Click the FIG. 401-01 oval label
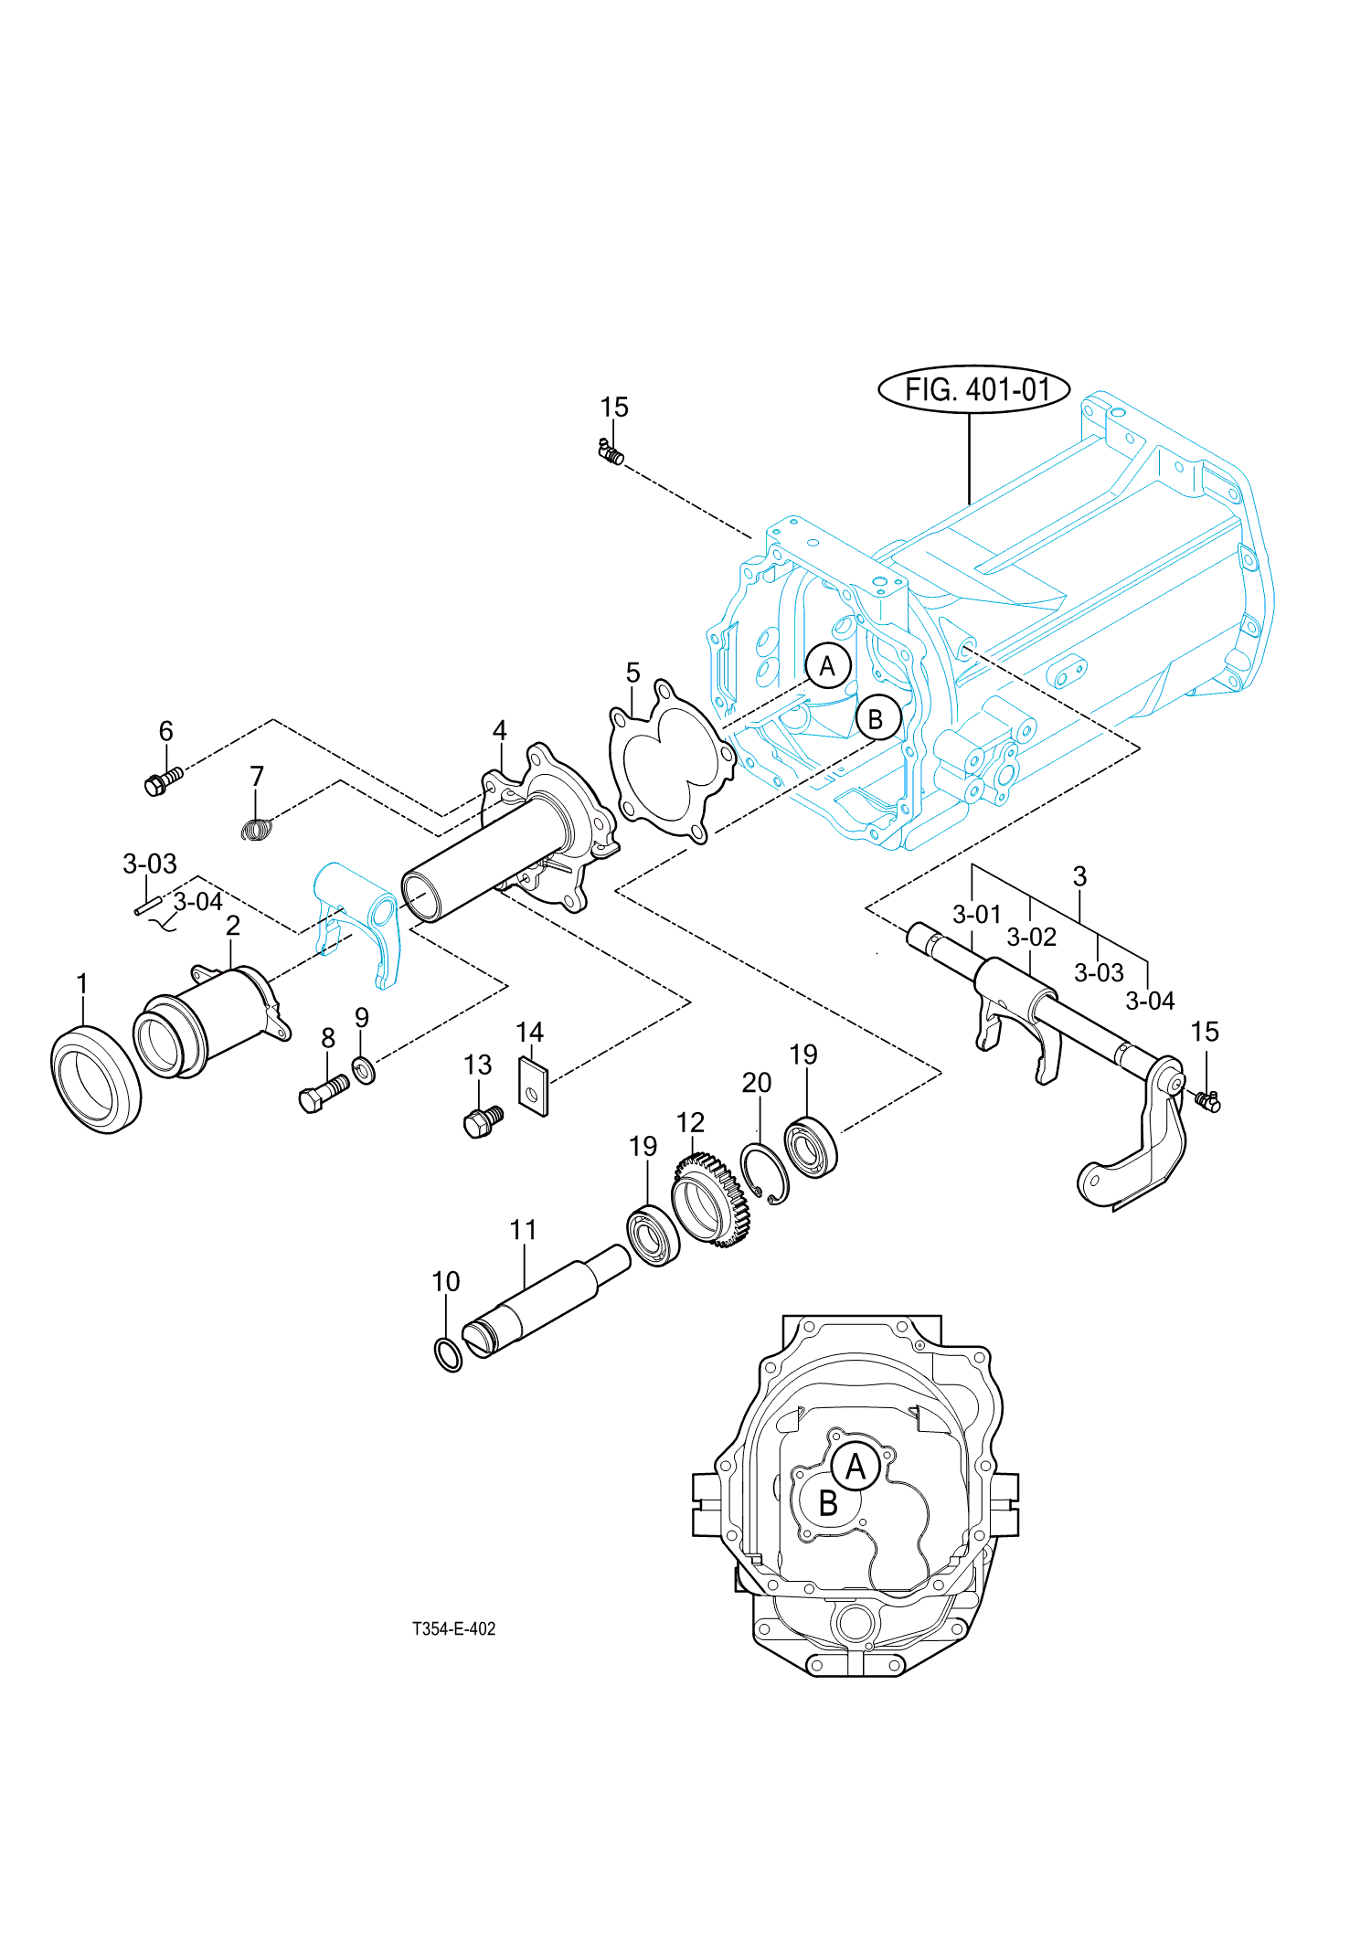973,390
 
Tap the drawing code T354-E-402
453,1628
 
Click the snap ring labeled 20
764,1174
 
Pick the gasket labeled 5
672,760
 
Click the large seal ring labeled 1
96,1079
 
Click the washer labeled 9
363,1069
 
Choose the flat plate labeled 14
534,1087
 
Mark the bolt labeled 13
482,1121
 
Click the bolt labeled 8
323,1092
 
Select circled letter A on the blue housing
828,666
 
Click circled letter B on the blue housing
877,719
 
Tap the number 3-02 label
1031,938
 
